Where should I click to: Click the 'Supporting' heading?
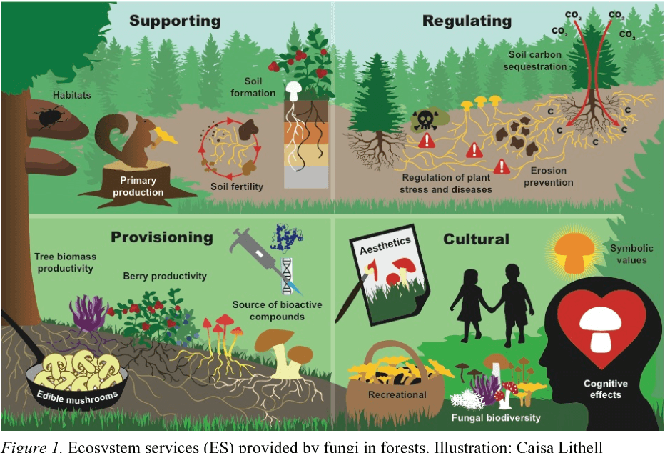(175, 20)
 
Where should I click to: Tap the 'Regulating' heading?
(467, 20)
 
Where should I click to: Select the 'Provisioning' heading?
(162, 237)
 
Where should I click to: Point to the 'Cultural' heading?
(476, 239)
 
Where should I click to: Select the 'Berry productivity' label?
(165, 276)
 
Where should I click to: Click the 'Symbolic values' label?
(628, 254)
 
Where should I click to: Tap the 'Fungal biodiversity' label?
(496, 417)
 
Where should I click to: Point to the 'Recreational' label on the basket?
(397, 394)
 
